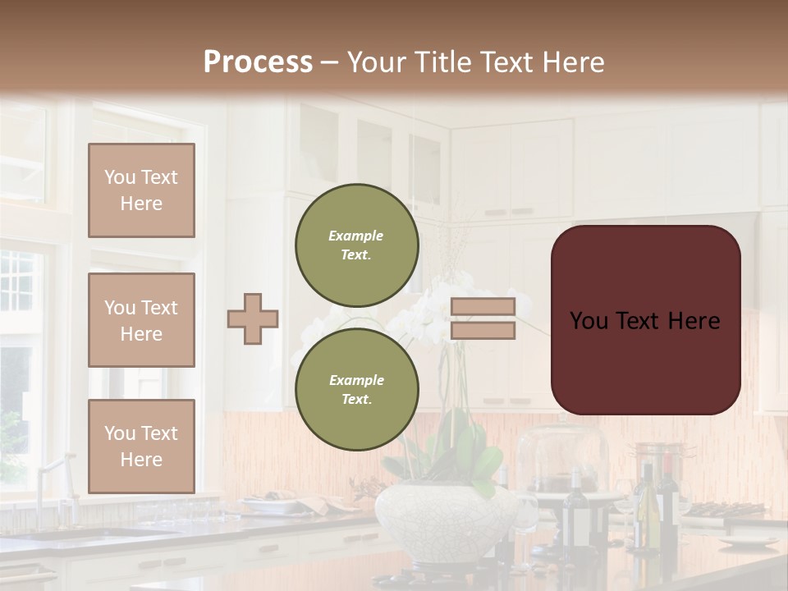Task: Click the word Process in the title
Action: click(x=258, y=62)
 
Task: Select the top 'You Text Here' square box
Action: click(x=141, y=190)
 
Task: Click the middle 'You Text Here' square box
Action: click(x=141, y=320)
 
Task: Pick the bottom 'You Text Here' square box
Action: click(x=141, y=446)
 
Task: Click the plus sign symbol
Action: click(x=253, y=318)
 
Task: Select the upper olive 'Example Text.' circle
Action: click(x=357, y=245)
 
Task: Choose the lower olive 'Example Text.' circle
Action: click(x=357, y=390)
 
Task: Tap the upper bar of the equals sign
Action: click(x=483, y=306)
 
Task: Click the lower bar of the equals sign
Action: click(x=483, y=331)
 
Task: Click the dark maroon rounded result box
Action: click(x=645, y=320)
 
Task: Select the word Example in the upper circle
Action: click(x=355, y=236)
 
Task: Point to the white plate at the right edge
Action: click(x=748, y=542)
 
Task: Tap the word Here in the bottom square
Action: click(x=141, y=460)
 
